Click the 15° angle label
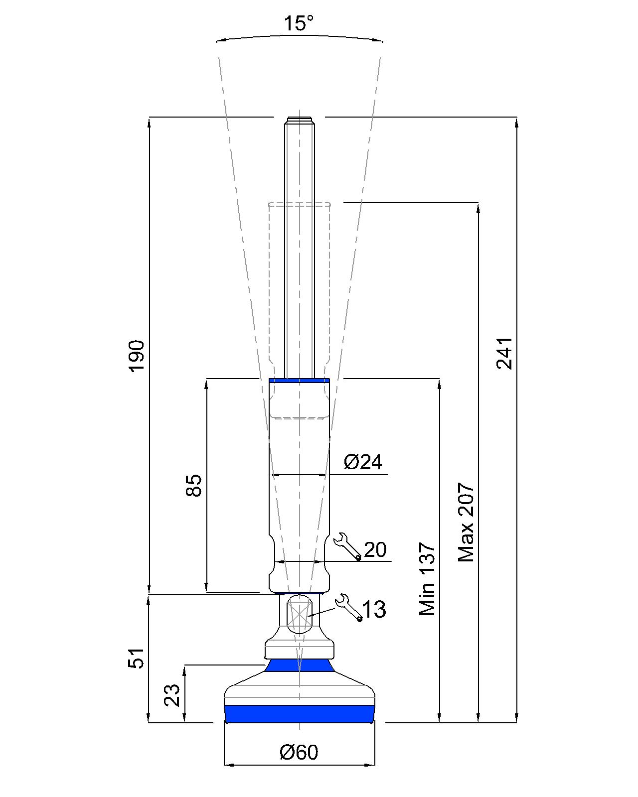[299, 23]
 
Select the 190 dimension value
[136, 356]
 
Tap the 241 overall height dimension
[504, 353]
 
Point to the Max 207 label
[466, 522]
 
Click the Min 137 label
[427, 580]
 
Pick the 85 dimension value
[193, 485]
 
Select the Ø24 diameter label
[363, 462]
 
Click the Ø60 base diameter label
[299, 752]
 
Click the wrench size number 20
[375, 549]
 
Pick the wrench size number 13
[374, 609]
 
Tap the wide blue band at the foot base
[299, 714]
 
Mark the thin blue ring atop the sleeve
[299, 381]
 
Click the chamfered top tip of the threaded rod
[299, 120]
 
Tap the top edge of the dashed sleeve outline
[299, 203]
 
